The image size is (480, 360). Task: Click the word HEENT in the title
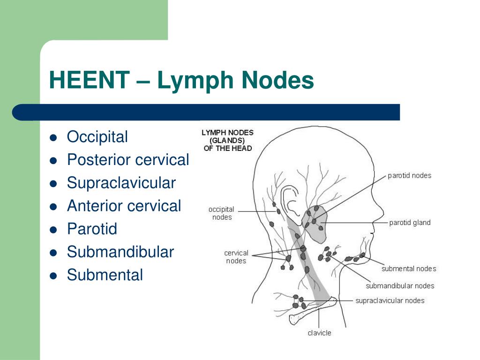tap(89, 80)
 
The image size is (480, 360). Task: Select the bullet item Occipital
tap(97, 137)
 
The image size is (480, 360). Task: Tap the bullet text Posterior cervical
tap(127, 160)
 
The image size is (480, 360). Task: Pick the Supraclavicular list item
tap(121, 183)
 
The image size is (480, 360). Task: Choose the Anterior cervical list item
tap(124, 206)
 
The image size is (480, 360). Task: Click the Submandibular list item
tap(120, 252)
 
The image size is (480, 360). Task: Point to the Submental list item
tap(105, 275)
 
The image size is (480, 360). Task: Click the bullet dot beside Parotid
tap(53, 230)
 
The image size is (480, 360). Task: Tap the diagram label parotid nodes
tap(409, 176)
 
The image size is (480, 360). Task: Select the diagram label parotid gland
tap(410, 223)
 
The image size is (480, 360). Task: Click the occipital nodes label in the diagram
tap(221, 213)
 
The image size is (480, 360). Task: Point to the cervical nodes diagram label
tap(236, 257)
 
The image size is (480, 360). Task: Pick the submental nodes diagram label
tap(409, 269)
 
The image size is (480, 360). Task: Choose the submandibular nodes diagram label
tap(400, 285)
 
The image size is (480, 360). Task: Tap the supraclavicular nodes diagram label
tap(390, 300)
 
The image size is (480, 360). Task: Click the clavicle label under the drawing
tap(319, 333)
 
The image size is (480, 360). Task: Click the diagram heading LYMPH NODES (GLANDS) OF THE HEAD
tap(227, 140)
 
